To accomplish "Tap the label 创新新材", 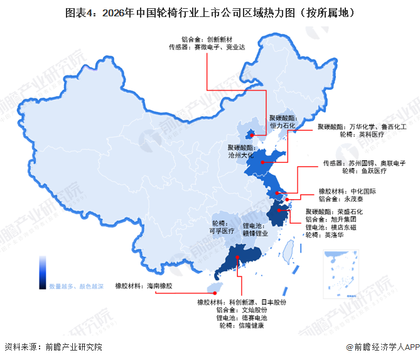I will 221,38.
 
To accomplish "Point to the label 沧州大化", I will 240,155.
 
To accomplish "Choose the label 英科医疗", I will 372,134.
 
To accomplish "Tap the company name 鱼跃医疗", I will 372,170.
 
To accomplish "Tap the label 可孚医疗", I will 222,231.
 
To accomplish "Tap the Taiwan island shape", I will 291,252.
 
